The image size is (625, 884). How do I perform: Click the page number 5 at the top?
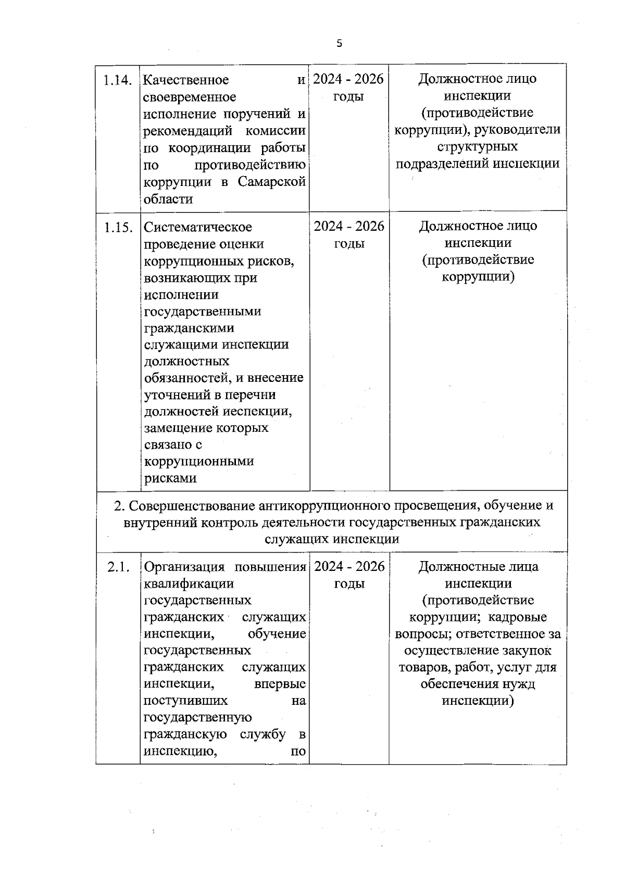[339, 44]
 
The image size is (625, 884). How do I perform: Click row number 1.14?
[117, 80]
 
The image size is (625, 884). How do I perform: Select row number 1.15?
[117, 228]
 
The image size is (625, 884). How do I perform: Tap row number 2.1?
[118, 567]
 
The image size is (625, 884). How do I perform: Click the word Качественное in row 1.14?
[186, 80]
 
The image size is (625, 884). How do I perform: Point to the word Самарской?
[271, 182]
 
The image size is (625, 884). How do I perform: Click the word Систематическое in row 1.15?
[197, 228]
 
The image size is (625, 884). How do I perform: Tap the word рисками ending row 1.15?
[170, 478]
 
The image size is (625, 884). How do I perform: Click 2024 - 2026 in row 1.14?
[348, 79]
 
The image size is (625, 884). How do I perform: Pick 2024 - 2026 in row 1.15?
[349, 227]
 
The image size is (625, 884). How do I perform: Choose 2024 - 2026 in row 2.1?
[349, 567]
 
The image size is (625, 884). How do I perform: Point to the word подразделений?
[442, 164]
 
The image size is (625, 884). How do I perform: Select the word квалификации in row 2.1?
[189, 584]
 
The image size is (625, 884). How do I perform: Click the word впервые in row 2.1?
[280, 684]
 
